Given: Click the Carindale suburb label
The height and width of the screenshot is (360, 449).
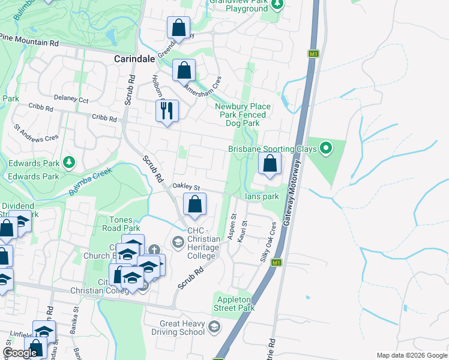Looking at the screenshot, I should [134, 60].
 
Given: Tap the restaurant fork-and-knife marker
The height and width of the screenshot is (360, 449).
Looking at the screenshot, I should [166, 110].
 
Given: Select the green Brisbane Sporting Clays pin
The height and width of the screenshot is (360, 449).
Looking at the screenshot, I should [326, 147].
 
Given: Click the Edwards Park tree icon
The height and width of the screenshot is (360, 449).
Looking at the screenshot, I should [69, 162].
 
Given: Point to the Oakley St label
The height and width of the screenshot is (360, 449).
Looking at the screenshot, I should [186, 186].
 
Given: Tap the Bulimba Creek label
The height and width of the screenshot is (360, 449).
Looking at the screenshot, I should [91, 181].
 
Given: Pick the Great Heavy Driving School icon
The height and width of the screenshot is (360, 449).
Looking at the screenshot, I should [215, 327].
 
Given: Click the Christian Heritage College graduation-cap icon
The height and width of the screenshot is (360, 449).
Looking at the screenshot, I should [178, 242].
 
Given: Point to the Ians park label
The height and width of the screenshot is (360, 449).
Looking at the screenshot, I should [262, 196].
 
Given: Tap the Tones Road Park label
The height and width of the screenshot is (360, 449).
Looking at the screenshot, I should [116, 224].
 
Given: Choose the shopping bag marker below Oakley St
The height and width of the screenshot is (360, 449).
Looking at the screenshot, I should [194, 205].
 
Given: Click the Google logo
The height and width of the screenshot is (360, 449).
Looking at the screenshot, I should [20, 353].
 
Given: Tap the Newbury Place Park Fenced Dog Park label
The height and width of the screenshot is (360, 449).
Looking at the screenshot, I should [243, 115].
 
